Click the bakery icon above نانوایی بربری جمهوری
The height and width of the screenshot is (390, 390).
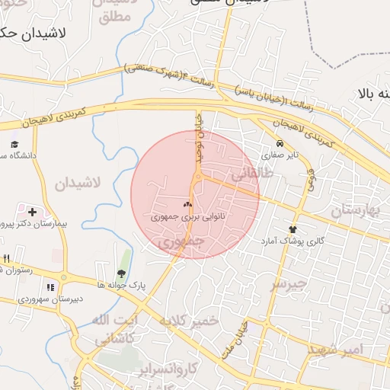(187, 204)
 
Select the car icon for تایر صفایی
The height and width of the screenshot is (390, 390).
(280, 143)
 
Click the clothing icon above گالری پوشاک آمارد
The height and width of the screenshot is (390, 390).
(292, 229)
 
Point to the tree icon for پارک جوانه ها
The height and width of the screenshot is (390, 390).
(120, 273)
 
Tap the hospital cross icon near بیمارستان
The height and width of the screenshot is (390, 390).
(31, 211)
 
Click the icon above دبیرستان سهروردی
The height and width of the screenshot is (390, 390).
(50, 287)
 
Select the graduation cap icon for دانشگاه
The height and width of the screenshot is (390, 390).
(14, 144)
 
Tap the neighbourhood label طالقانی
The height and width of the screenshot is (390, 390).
(251, 174)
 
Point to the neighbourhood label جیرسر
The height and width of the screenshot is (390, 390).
(289, 284)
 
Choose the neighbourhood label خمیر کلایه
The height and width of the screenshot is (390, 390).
(188, 321)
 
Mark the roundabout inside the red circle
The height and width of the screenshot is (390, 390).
(197, 177)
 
